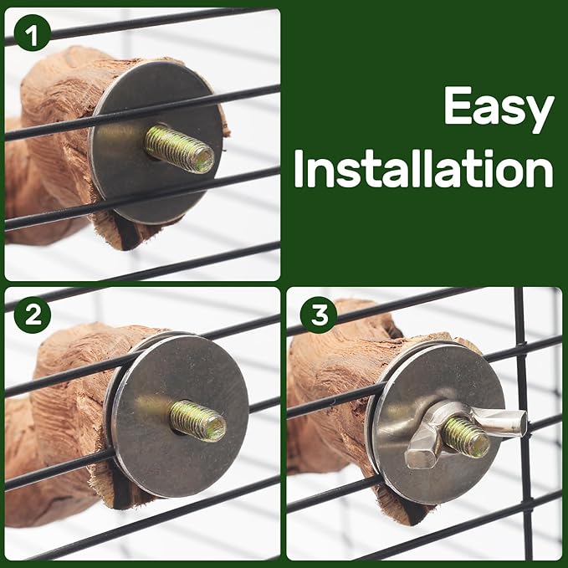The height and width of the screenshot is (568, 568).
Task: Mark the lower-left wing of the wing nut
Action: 422,457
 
